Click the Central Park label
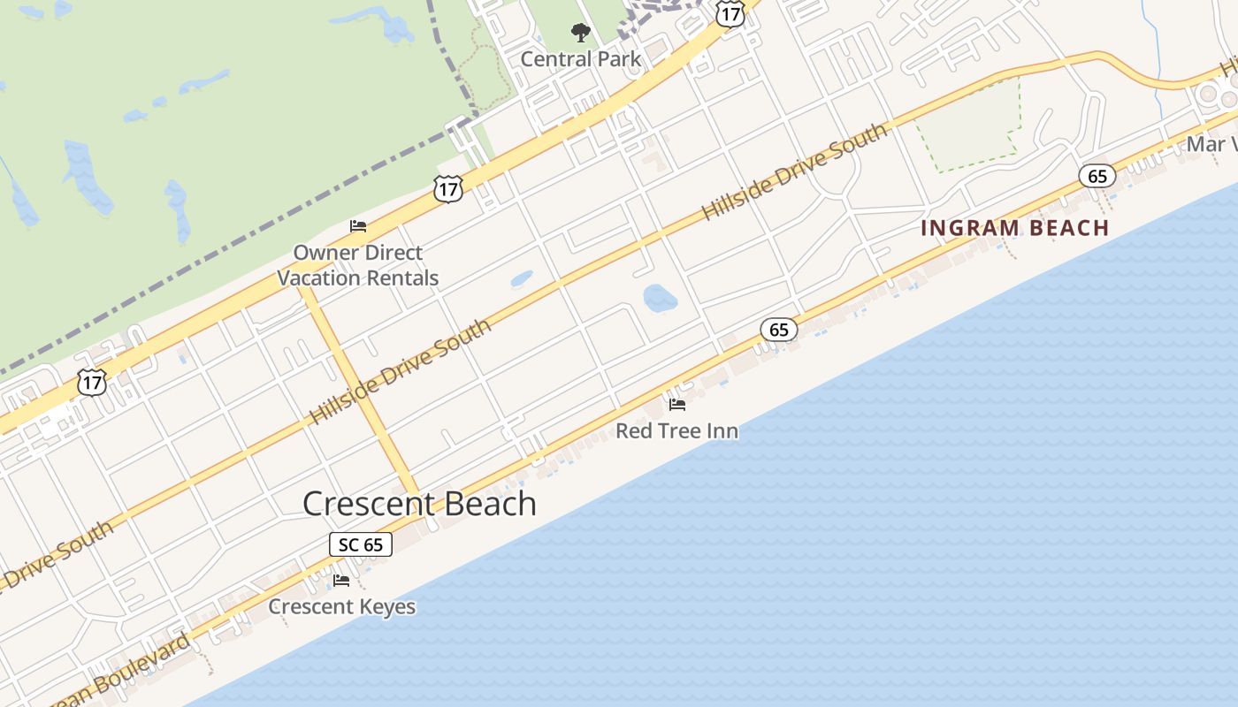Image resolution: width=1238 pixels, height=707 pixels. point(580,59)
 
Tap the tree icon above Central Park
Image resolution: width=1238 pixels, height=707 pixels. point(580,34)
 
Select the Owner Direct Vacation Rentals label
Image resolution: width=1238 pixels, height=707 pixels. point(358,265)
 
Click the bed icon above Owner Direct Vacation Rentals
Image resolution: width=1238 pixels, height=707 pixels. point(358,226)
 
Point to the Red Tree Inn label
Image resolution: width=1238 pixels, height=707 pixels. point(676,431)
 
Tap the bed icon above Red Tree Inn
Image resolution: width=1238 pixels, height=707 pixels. point(677,405)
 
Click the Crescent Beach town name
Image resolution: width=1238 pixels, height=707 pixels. point(419,504)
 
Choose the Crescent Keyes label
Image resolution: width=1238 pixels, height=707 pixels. point(341,607)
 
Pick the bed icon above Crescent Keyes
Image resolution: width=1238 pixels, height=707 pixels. point(341,581)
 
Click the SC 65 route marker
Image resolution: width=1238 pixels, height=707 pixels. point(361,544)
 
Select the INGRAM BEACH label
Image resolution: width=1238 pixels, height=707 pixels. point(1014,228)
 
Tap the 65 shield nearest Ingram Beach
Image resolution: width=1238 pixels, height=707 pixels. point(1097,177)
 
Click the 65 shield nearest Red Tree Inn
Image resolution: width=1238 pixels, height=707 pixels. point(778,330)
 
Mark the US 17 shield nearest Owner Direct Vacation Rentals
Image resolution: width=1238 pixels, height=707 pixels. point(448,188)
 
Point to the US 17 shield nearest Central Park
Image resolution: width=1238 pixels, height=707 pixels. point(730,12)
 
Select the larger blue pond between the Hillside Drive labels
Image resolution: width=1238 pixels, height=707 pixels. point(660,299)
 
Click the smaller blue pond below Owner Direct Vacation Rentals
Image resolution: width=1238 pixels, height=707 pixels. point(522,279)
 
